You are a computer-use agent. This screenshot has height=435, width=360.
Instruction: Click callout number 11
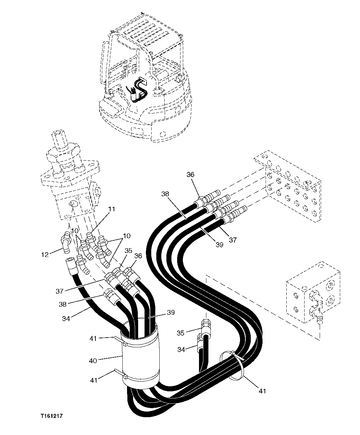pyautogui.click(x=112, y=209)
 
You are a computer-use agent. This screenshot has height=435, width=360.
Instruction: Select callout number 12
pyautogui.click(x=45, y=254)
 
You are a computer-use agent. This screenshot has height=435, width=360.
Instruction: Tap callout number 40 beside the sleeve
pyautogui.click(x=93, y=361)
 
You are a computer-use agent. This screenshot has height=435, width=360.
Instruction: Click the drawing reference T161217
pyautogui.click(x=52, y=416)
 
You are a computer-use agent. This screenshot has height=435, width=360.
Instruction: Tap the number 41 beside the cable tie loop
pyautogui.click(x=263, y=391)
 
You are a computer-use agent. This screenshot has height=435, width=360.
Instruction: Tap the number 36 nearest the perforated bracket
pyautogui.click(x=191, y=175)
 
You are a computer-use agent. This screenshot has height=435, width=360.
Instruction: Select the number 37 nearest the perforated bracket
pyautogui.click(x=233, y=240)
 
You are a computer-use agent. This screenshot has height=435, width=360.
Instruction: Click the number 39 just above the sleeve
pyautogui.click(x=171, y=312)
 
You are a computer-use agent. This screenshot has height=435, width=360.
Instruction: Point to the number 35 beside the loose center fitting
pyautogui.click(x=181, y=333)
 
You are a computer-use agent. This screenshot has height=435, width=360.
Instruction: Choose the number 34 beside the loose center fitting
pyautogui.click(x=181, y=350)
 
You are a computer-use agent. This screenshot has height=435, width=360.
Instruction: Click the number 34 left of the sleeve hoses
pyautogui.click(x=66, y=318)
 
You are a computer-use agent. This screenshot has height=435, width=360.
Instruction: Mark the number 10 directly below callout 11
pyautogui.click(x=75, y=231)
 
